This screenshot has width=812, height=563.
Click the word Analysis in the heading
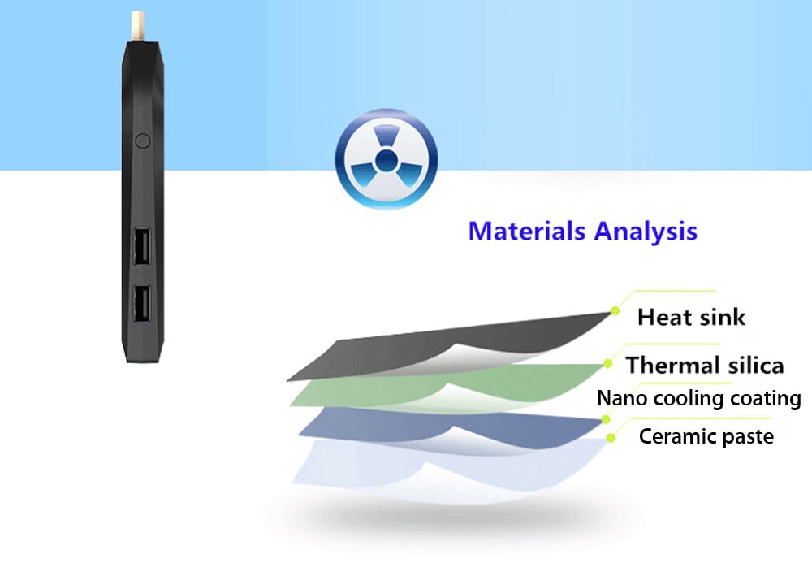646,232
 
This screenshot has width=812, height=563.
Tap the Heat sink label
691,317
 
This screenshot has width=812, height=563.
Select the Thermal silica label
705,365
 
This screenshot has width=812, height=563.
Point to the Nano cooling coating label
699,398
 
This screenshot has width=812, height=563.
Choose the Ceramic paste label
706,436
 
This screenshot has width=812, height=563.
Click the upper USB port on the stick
142,246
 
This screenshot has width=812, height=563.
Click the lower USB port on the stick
142,305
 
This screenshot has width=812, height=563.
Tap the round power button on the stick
142,141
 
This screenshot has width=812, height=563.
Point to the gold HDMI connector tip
137,28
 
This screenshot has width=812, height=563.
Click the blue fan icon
386,159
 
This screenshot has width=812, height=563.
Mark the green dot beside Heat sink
615,311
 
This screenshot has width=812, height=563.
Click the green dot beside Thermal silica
607,364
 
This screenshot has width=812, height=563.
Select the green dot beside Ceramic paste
611,438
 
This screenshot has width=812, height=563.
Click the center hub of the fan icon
385,160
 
